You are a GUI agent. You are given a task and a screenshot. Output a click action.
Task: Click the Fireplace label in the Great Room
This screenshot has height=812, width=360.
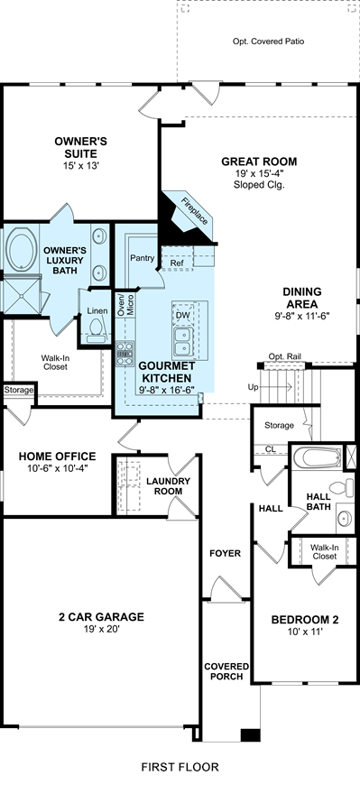point(194,212)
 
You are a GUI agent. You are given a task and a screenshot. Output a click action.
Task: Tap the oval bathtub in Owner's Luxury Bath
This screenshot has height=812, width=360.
point(21,250)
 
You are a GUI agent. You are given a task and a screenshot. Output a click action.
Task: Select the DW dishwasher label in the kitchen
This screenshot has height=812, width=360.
point(182,316)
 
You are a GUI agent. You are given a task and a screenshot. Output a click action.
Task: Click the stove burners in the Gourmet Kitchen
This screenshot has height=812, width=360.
point(125,353)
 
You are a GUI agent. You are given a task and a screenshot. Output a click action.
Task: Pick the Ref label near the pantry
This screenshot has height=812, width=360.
point(177,263)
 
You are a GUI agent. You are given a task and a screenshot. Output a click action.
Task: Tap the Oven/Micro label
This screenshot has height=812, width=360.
point(125,306)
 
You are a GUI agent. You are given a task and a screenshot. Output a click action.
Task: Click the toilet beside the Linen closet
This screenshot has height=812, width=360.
point(96,330)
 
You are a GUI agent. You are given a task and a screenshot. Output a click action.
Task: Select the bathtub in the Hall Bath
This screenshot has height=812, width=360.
point(317,457)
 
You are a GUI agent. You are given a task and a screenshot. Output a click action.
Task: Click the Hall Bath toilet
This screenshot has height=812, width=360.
point(341,487)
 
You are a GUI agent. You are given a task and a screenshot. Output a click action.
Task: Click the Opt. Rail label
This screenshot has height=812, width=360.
point(284,356)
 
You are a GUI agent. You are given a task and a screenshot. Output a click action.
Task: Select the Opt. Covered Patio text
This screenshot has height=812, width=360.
point(268,41)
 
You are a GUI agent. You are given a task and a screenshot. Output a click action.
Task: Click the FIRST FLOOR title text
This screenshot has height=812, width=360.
point(180,767)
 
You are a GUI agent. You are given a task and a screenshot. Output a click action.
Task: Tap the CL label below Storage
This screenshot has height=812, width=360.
point(270,449)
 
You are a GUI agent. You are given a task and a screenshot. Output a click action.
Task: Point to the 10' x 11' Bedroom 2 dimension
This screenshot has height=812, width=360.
point(305,632)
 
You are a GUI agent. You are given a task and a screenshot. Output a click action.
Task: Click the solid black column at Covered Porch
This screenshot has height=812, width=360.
point(251,734)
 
